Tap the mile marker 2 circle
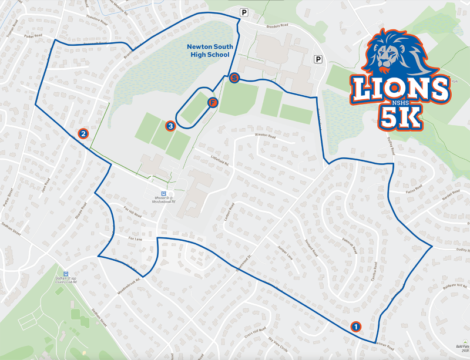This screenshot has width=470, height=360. pos(83,134)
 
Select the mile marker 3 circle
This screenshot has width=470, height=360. pos(170,125)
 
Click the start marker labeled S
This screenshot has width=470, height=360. pos(234,78)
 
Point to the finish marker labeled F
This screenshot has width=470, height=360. pos(213,103)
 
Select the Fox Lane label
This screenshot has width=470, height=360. pos(135,240)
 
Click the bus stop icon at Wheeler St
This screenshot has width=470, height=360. pos(164,193)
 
